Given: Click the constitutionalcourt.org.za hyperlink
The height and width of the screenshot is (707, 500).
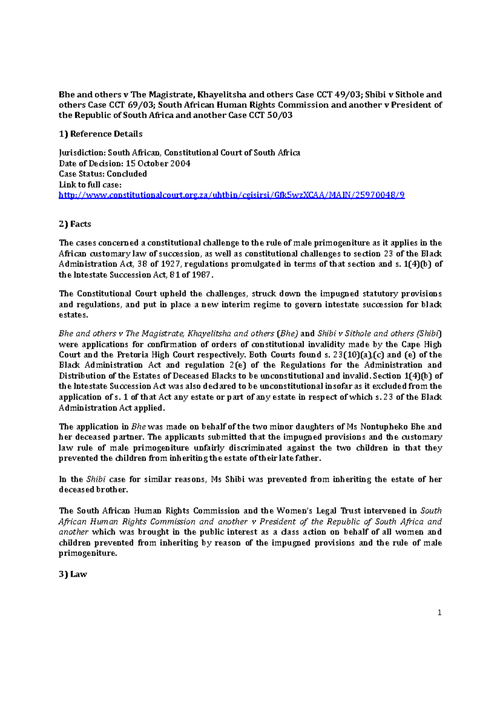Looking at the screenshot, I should (x=231, y=195).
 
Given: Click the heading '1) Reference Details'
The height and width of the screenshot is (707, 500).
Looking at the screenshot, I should (x=100, y=134).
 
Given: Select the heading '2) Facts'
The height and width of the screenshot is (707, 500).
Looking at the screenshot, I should (x=75, y=224).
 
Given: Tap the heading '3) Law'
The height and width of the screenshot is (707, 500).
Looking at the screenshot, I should (x=73, y=574).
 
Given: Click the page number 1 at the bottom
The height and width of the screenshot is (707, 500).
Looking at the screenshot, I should (x=439, y=612).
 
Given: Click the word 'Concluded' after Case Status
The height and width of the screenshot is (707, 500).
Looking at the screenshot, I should (x=127, y=174).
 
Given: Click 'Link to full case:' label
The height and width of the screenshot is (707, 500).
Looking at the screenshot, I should (x=90, y=185).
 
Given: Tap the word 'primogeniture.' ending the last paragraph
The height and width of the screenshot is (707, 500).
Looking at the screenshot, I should (x=88, y=553).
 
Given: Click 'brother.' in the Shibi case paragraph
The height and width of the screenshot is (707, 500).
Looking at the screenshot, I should (x=112, y=490).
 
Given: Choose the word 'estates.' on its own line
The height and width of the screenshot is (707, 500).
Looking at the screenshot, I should (x=73, y=315).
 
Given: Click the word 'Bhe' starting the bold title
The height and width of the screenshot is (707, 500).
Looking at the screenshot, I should (x=66, y=95).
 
